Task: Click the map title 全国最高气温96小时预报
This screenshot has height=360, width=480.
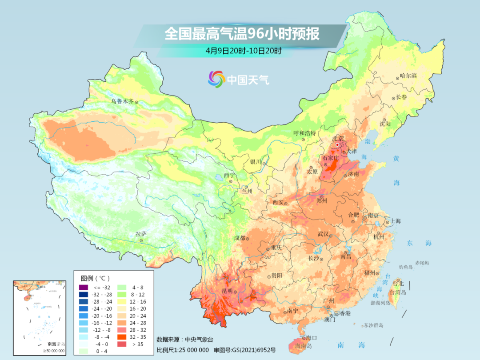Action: point(242,34)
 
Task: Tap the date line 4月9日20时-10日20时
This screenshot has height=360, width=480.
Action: point(243,51)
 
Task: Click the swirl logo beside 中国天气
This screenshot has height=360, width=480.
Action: point(217,79)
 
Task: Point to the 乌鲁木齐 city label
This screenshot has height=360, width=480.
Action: point(122,101)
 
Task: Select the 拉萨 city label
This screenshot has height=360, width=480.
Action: point(141,234)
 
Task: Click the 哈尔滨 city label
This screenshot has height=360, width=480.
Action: point(408,76)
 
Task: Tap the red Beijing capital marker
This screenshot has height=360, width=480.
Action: point(338,145)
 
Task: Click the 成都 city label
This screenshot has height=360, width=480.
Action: point(240,238)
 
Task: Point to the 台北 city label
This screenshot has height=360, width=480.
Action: point(398,283)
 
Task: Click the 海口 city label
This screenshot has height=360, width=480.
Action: point(311,338)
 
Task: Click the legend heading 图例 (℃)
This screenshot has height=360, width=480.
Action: point(96,278)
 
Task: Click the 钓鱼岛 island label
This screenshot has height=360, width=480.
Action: point(406,267)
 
